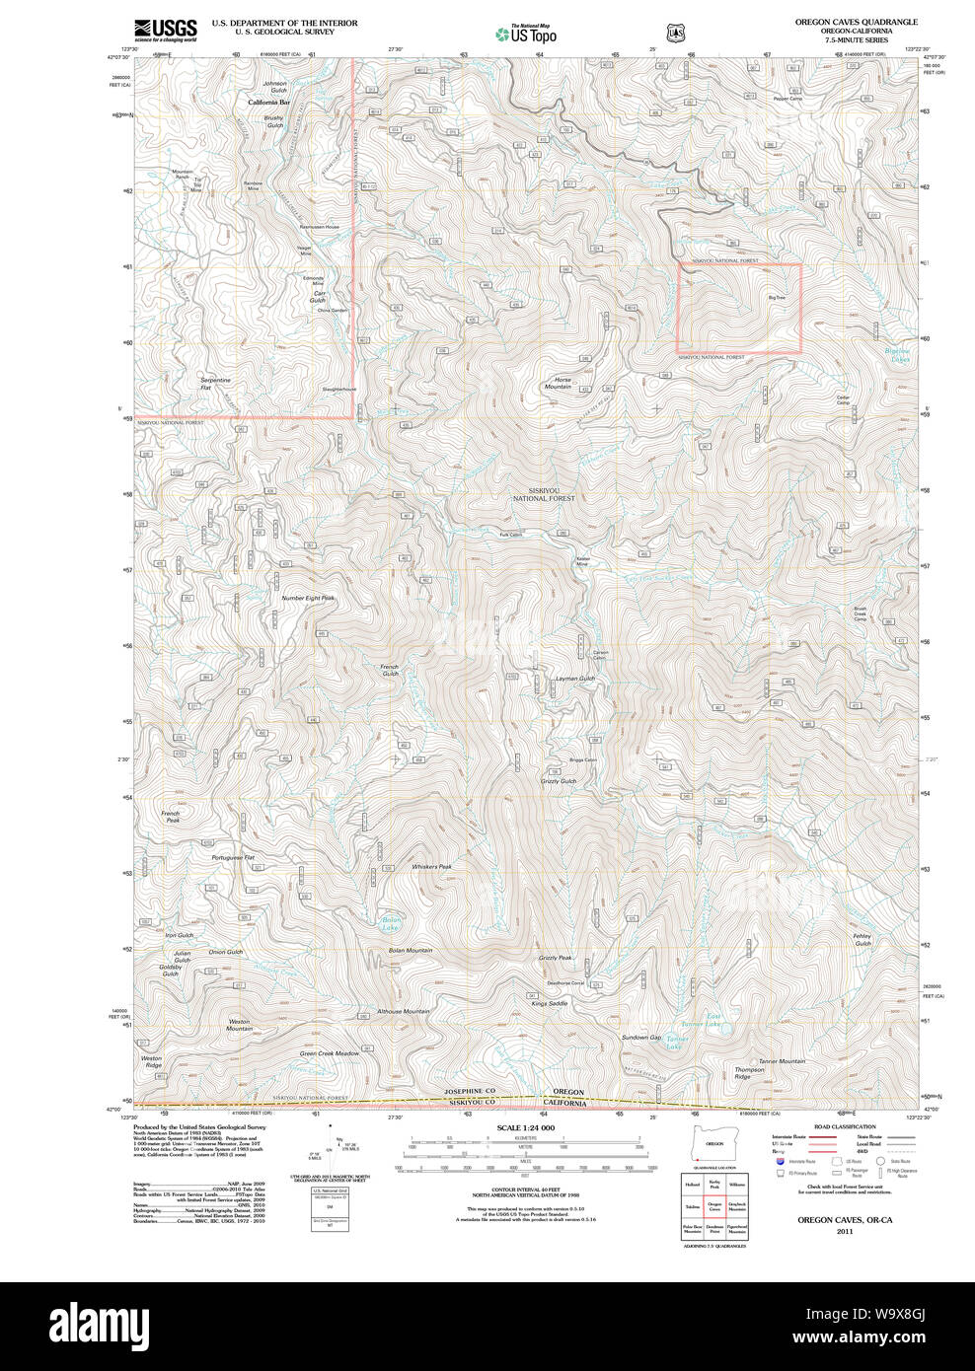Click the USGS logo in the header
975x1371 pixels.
pyautogui.click(x=166, y=30)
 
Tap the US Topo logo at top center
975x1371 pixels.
pyautogui.click(x=526, y=34)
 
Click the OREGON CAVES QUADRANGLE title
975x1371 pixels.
pyautogui.click(x=856, y=22)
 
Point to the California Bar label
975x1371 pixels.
pyautogui.click(x=268, y=103)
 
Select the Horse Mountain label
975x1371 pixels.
pyautogui.click(x=559, y=383)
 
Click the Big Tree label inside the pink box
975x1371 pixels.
pyautogui.click(x=777, y=297)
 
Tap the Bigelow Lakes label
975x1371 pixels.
pyautogui.click(x=897, y=355)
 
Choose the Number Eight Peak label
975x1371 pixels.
pyautogui.click(x=308, y=598)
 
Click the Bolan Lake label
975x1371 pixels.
pyautogui.click(x=391, y=924)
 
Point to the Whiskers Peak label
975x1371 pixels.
pyautogui.click(x=431, y=867)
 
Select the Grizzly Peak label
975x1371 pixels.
pyautogui.click(x=556, y=958)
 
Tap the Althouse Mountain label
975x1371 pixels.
pyautogui.click(x=403, y=1011)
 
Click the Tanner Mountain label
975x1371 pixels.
pyautogui.click(x=782, y=1061)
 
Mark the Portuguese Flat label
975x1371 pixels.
pyautogui.click(x=233, y=857)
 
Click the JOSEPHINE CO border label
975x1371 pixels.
pyautogui.click(x=470, y=1091)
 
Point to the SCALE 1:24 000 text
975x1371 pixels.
pyautogui.click(x=525, y=1127)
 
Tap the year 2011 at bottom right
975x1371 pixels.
pyautogui.click(x=844, y=1231)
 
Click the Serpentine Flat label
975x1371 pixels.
pyautogui.click(x=215, y=384)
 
